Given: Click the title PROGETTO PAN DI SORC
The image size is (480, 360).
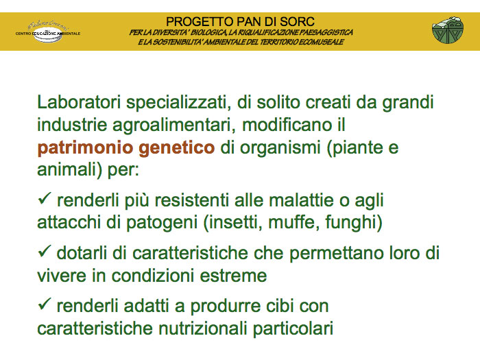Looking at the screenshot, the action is coord(240,22).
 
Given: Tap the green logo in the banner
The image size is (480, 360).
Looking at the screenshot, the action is coord(448,30).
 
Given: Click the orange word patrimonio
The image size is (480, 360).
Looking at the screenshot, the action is coord(86,148).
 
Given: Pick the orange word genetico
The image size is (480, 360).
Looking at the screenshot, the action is coord(177,148).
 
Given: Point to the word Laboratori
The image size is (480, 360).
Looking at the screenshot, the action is coord(79,102).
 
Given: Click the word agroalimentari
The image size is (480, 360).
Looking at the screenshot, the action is coord(174,125).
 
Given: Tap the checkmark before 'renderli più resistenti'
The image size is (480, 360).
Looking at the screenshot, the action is coord(44,198).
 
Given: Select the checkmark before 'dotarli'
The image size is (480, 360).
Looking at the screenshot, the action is coord(44,251).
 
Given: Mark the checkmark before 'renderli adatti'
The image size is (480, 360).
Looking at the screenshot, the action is coord(44,304).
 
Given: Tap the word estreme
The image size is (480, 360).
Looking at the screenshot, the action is coord(233,276).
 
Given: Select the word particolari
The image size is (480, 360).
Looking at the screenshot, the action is coord(293,328).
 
